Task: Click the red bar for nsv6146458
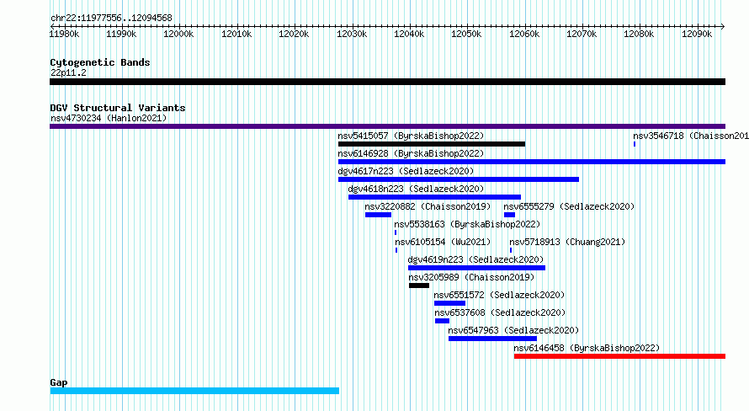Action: pos(619,356)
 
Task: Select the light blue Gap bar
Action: pos(194,391)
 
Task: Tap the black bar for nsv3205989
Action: pos(419,286)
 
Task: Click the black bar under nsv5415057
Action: pos(432,144)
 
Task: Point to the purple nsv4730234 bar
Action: pos(387,126)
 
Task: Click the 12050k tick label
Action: pos(466,34)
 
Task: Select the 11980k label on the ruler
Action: pos(65,34)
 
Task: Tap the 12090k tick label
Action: pos(697,34)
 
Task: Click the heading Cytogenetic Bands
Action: pos(100,62)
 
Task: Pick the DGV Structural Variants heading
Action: pos(118,108)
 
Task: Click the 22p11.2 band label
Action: pos(68,72)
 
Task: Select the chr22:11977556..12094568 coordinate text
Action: pos(111,19)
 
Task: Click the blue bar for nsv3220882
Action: pos(379,215)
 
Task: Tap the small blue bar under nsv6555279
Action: pos(509,215)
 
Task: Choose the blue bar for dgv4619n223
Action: pos(476,268)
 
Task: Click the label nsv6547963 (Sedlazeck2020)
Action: pos(513,330)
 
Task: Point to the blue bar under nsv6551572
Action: pos(449,303)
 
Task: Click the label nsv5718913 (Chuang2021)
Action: pos(567,242)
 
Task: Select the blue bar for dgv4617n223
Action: pos(459,179)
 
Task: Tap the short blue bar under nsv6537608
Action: pos(443,321)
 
